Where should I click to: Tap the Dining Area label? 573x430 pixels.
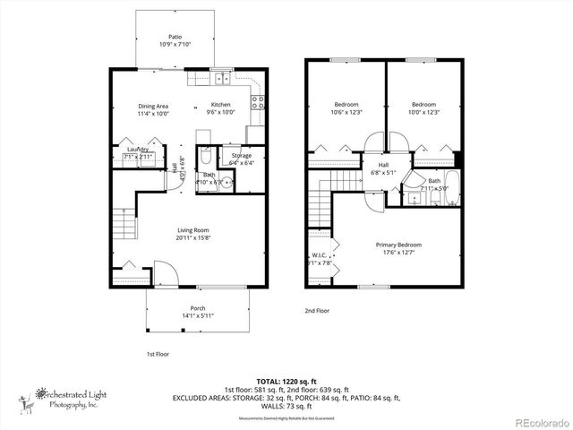pyautogui.click(x=153, y=109)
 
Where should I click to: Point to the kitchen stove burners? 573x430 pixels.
pyautogui.click(x=257, y=100)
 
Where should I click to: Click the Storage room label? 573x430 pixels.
pyautogui.click(x=242, y=159)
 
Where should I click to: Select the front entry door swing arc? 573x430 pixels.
pyautogui.click(x=163, y=272)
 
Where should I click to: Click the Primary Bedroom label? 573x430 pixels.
pyautogui.click(x=398, y=248)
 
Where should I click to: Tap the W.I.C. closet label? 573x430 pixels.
pyautogui.click(x=319, y=259)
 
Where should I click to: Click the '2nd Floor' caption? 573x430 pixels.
pyautogui.click(x=317, y=311)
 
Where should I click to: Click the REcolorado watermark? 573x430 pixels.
pyautogui.click(x=537, y=422)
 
